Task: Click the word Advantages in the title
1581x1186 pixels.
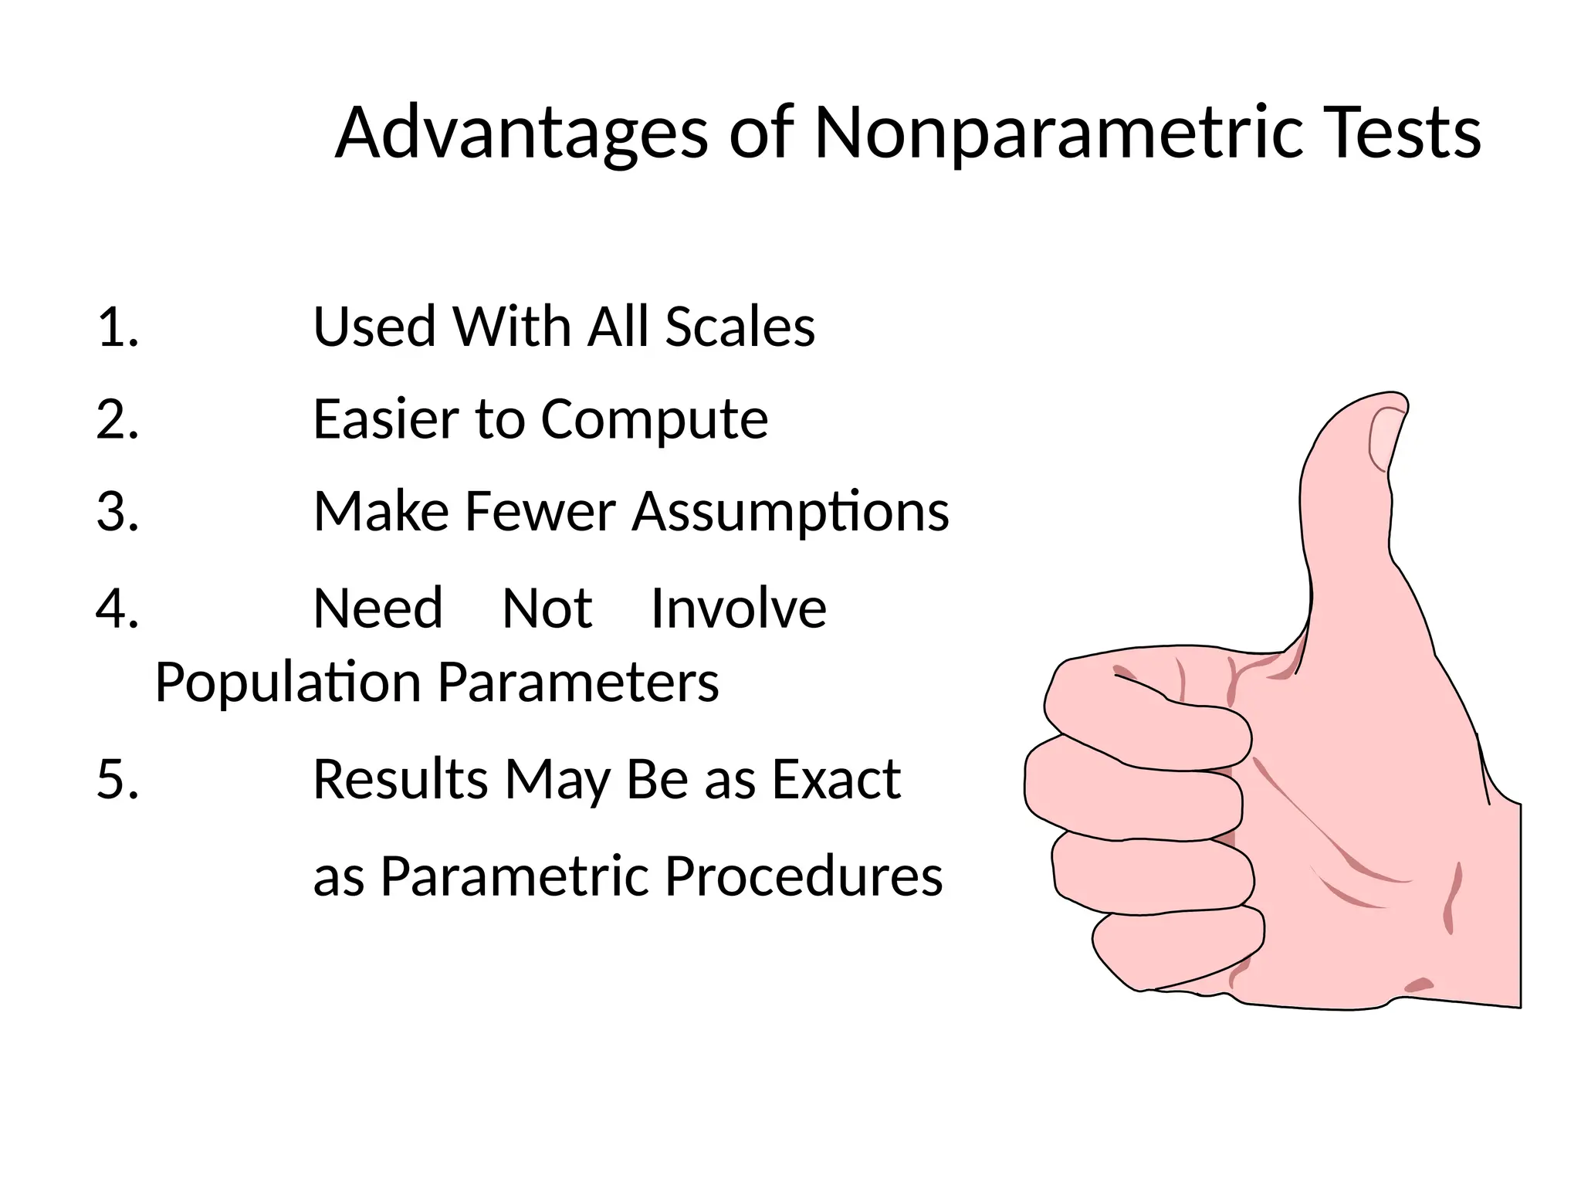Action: click(521, 133)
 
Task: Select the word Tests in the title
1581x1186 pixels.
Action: click(1401, 133)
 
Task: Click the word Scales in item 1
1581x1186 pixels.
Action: click(740, 327)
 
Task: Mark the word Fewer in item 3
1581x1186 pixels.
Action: click(540, 511)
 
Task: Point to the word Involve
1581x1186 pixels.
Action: click(739, 608)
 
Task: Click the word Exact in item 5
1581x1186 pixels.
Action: click(836, 778)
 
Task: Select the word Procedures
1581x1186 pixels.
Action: click(803, 876)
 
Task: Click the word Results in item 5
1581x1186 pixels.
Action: click(400, 778)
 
